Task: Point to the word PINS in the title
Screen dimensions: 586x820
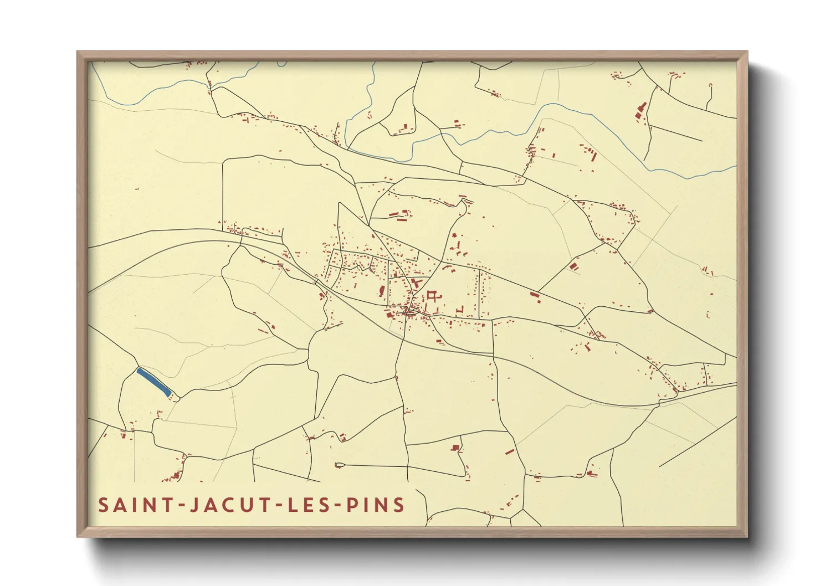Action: pos(376,505)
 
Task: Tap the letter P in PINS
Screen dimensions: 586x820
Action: pos(352,505)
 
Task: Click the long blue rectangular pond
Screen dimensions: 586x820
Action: pos(153,382)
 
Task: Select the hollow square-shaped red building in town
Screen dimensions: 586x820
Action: pos(433,296)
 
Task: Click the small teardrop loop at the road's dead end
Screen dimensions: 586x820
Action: pos(339,465)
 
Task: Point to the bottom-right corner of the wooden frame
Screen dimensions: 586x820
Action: pos(747,537)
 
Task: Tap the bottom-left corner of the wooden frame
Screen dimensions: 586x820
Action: pos(78,537)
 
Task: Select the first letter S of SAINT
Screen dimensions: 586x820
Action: pos(103,505)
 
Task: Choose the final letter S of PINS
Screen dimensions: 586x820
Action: pos(398,505)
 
